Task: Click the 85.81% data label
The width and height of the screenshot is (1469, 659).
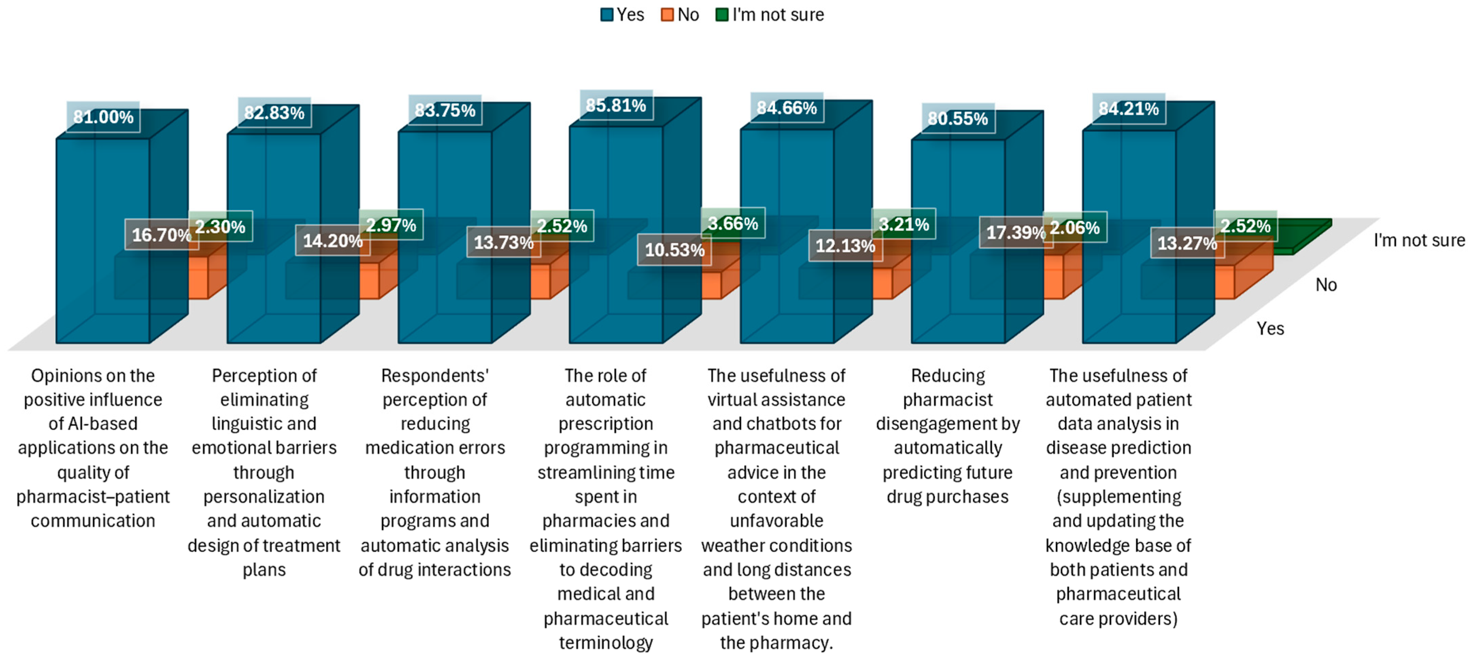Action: pos(616,105)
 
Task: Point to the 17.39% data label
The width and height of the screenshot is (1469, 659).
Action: pos(1015,232)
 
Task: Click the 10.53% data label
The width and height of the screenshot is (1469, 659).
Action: pos(674,250)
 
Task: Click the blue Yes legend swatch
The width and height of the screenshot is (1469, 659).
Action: pos(607,15)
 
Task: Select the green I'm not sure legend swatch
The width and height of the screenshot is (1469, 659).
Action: pos(722,15)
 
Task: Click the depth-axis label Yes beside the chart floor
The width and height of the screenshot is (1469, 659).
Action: pos(1270,328)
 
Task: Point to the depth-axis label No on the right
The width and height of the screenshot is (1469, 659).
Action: pos(1326,284)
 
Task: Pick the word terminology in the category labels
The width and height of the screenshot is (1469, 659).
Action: pos(605,642)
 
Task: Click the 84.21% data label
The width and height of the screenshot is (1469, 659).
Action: pos(1129,109)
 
